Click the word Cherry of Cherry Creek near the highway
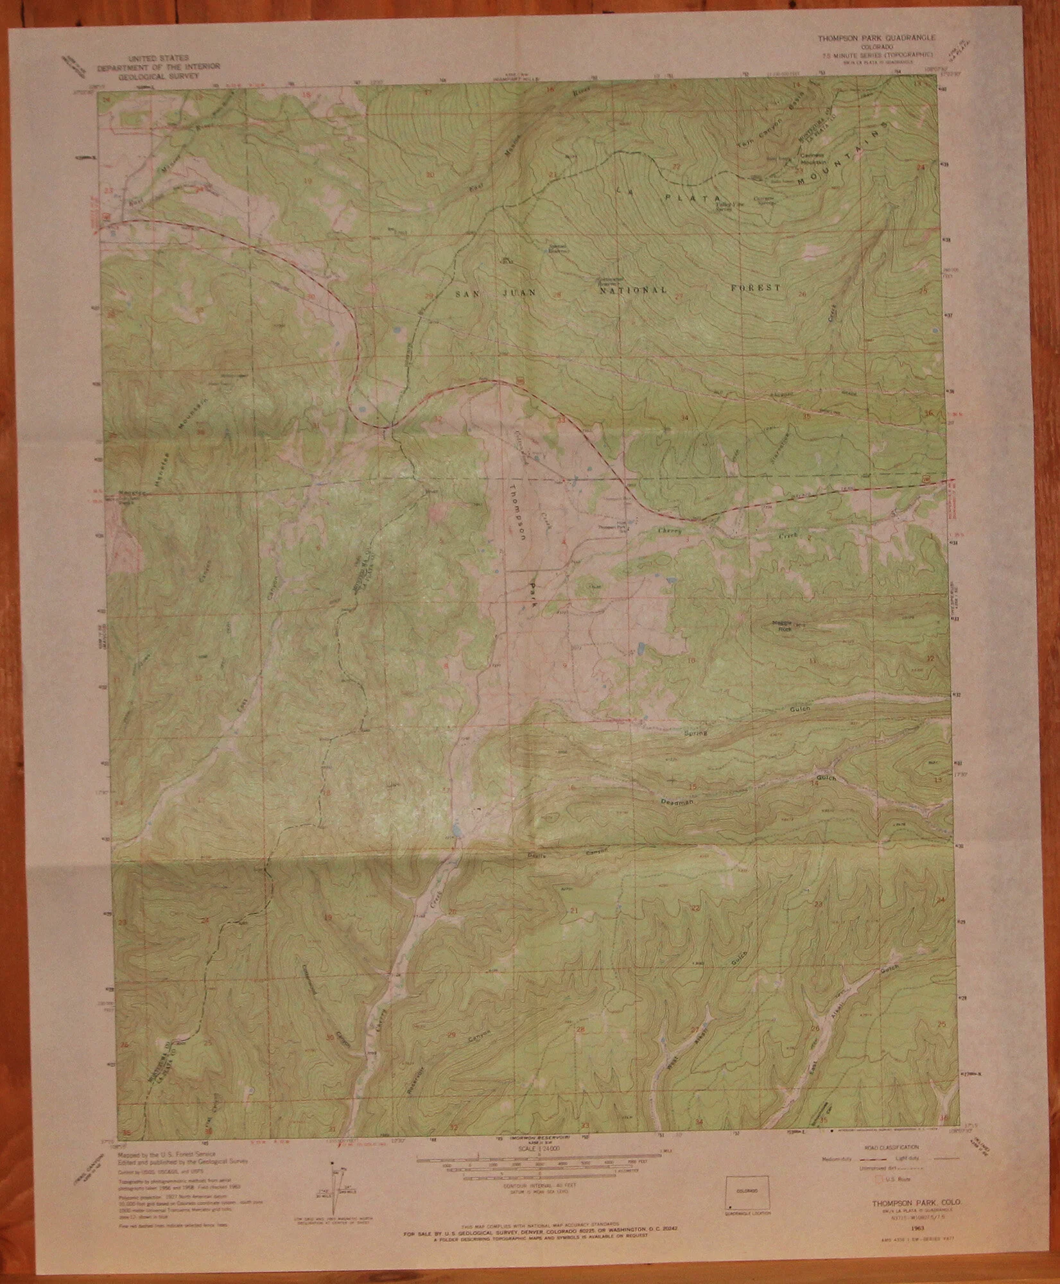[x=669, y=531]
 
